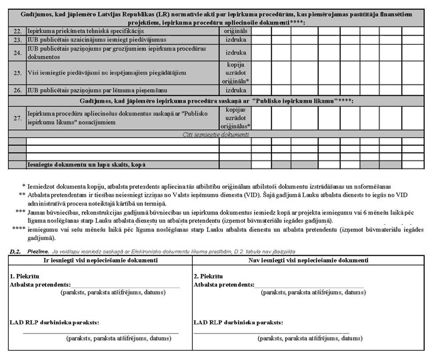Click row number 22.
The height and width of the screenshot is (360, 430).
tap(17, 31)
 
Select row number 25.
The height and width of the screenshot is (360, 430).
tap(17, 72)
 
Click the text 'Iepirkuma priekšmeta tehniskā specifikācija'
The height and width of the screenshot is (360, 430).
tap(87, 31)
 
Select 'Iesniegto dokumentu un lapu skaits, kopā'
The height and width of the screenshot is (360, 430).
tap(87, 163)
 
